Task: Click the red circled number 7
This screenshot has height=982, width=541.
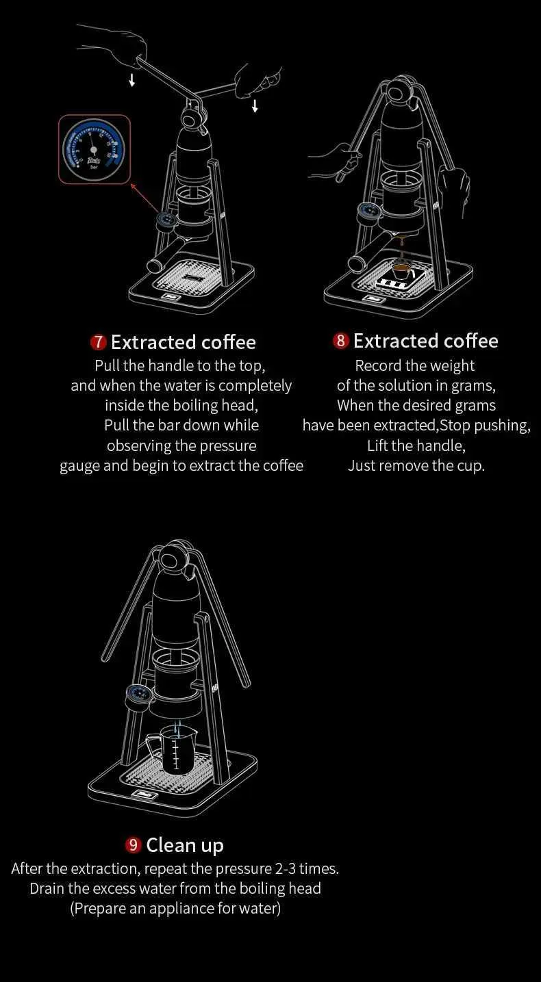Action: [x=99, y=342]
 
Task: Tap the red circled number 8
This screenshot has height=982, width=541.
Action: [x=340, y=341]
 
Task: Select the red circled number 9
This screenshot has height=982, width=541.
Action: [x=133, y=845]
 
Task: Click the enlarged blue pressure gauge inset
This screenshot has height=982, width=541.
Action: [x=94, y=149]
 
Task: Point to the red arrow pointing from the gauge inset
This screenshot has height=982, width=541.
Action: [x=144, y=198]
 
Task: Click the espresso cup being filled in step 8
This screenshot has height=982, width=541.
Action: [x=401, y=270]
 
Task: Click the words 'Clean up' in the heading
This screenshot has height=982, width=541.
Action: [x=185, y=846]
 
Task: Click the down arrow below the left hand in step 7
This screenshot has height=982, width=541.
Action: [x=131, y=80]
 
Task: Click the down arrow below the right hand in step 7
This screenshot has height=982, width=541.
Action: [x=255, y=105]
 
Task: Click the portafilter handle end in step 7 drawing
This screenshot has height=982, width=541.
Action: [x=155, y=266]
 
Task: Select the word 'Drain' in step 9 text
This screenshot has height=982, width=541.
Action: [x=47, y=888]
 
